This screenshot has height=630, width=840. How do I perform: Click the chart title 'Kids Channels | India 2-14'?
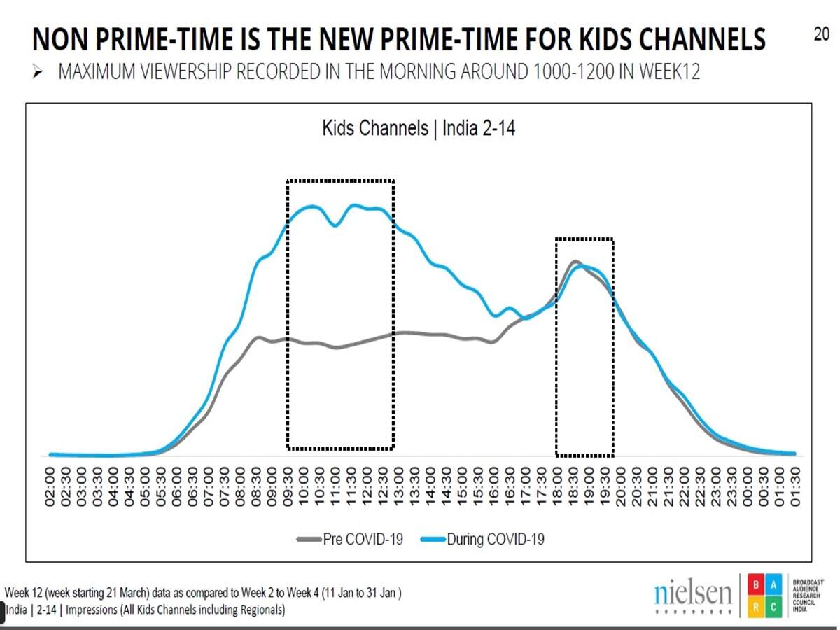point(419,129)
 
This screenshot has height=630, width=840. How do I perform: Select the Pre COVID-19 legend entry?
point(350,539)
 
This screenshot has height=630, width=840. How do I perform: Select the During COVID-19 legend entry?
point(482,539)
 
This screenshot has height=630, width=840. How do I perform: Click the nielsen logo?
point(692,595)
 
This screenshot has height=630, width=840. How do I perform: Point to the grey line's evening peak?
point(575,262)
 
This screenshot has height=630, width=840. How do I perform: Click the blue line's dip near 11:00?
point(336,225)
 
